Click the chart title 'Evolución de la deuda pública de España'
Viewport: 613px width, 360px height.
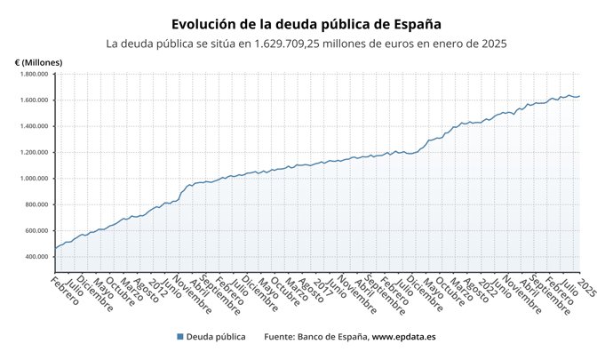tap(306, 24)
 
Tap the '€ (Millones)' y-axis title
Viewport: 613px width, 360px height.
tap(39, 61)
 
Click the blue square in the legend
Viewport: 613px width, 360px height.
tap(180, 337)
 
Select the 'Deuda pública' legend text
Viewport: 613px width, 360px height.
tap(216, 337)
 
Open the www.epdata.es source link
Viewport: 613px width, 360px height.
tap(403, 337)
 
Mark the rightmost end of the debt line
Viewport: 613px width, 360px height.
tap(579, 96)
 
